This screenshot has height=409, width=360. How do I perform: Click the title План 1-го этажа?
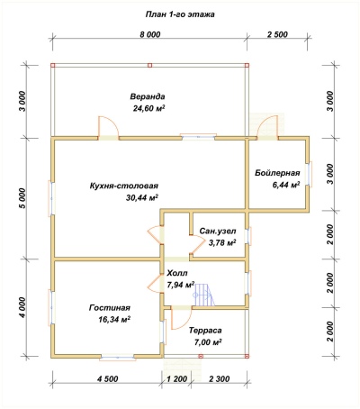(x=180, y=14)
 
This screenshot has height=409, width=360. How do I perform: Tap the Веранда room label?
(x=148, y=96)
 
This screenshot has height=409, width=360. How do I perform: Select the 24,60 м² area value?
(x=149, y=108)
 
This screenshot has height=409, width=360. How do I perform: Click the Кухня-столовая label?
(x=124, y=186)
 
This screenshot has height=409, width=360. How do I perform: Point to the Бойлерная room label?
(x=277, y=173)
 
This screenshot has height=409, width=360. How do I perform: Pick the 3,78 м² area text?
(x=222, y=242)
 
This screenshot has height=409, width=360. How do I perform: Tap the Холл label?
(x=177, y=273)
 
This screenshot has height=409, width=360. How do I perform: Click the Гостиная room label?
(x=110, y=308)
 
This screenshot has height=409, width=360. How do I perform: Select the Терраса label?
(x=205, y=331)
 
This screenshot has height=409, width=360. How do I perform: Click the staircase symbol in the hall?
(x=204, y=295)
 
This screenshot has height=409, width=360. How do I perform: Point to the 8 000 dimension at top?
(x=149, y=34)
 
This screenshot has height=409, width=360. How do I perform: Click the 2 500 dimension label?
(x=277, y=34)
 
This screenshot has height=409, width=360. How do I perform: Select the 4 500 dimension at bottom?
(x=107, y=379)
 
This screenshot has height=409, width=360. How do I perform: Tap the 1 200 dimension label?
(x=176, y=379)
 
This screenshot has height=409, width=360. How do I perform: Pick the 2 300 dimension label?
(x=219, y=379)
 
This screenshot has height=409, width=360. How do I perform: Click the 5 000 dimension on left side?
(x=22, y=198)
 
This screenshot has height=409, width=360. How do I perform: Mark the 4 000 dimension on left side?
(x=22, y=307)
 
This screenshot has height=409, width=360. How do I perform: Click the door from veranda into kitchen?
(x=108, y=128)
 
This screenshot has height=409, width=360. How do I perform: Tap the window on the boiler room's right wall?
(x=310, y=175)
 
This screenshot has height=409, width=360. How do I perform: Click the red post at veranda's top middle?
(x=150, y=65)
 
